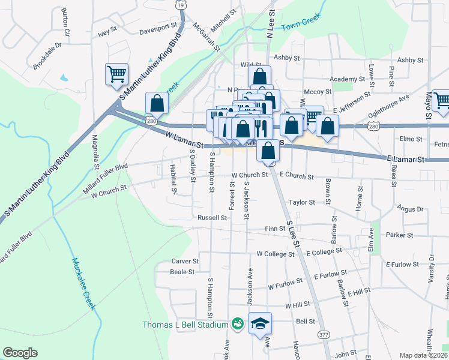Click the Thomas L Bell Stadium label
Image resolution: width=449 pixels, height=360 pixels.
point(185,325)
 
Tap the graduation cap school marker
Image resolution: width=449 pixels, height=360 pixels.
point(260,324)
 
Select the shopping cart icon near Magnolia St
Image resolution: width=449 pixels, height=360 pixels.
point(116,75)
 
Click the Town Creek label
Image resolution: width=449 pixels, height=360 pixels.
point(300,26)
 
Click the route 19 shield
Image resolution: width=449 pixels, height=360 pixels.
point(181,4)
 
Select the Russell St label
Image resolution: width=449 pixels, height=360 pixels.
point(212,218)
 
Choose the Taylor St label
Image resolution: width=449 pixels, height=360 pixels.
point(301,203)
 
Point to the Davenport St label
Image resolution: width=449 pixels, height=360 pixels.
point(158,28)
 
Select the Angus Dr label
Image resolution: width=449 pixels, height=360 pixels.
point(410,209)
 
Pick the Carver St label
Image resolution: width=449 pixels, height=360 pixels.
point(185,261)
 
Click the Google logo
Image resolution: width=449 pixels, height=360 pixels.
point(20,353)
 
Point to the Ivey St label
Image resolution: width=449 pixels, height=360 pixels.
point(106,34)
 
